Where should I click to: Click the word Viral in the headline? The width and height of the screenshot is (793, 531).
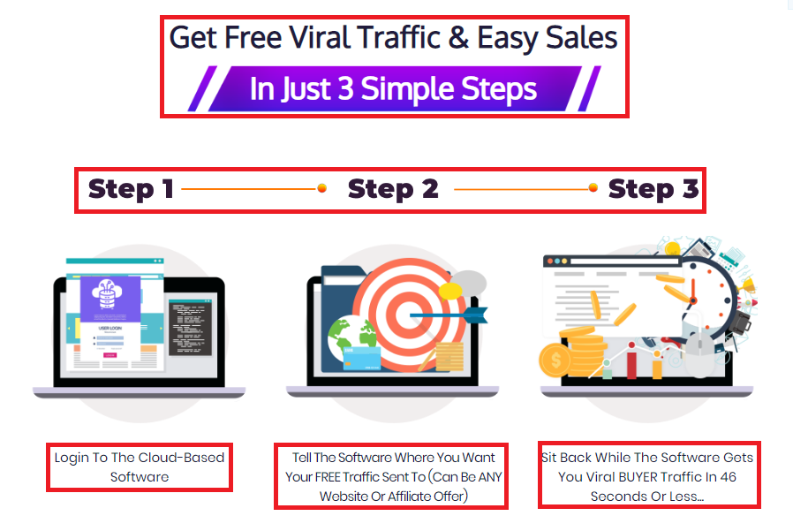tap(319, 37)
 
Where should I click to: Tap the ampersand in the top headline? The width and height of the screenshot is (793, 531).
tap(458, 38)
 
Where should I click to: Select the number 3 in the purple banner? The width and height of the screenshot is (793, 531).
tap(345, 88)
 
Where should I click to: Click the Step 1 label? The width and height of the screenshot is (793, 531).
tap(131, 189)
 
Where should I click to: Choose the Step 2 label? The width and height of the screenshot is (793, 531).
tap(393, 189)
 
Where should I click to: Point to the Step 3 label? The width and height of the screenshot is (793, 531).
tap(653, 189)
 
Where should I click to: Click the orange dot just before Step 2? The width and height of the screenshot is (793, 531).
tap(321, 188)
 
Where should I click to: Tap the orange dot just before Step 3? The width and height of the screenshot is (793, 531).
tap(593, 188)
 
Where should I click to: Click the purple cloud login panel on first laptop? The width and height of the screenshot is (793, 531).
tap(110, 299)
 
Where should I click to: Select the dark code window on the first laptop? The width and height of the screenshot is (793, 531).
tap(190, 327)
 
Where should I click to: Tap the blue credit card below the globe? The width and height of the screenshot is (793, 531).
tap(361, 359)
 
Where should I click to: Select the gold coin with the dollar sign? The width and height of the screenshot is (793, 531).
tap(555, 360)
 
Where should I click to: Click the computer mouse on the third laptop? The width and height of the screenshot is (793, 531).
tap(700, 353)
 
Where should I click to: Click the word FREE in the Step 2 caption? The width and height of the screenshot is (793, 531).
tap(328, 477)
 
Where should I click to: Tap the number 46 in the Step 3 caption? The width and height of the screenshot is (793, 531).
tap(729, 477)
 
